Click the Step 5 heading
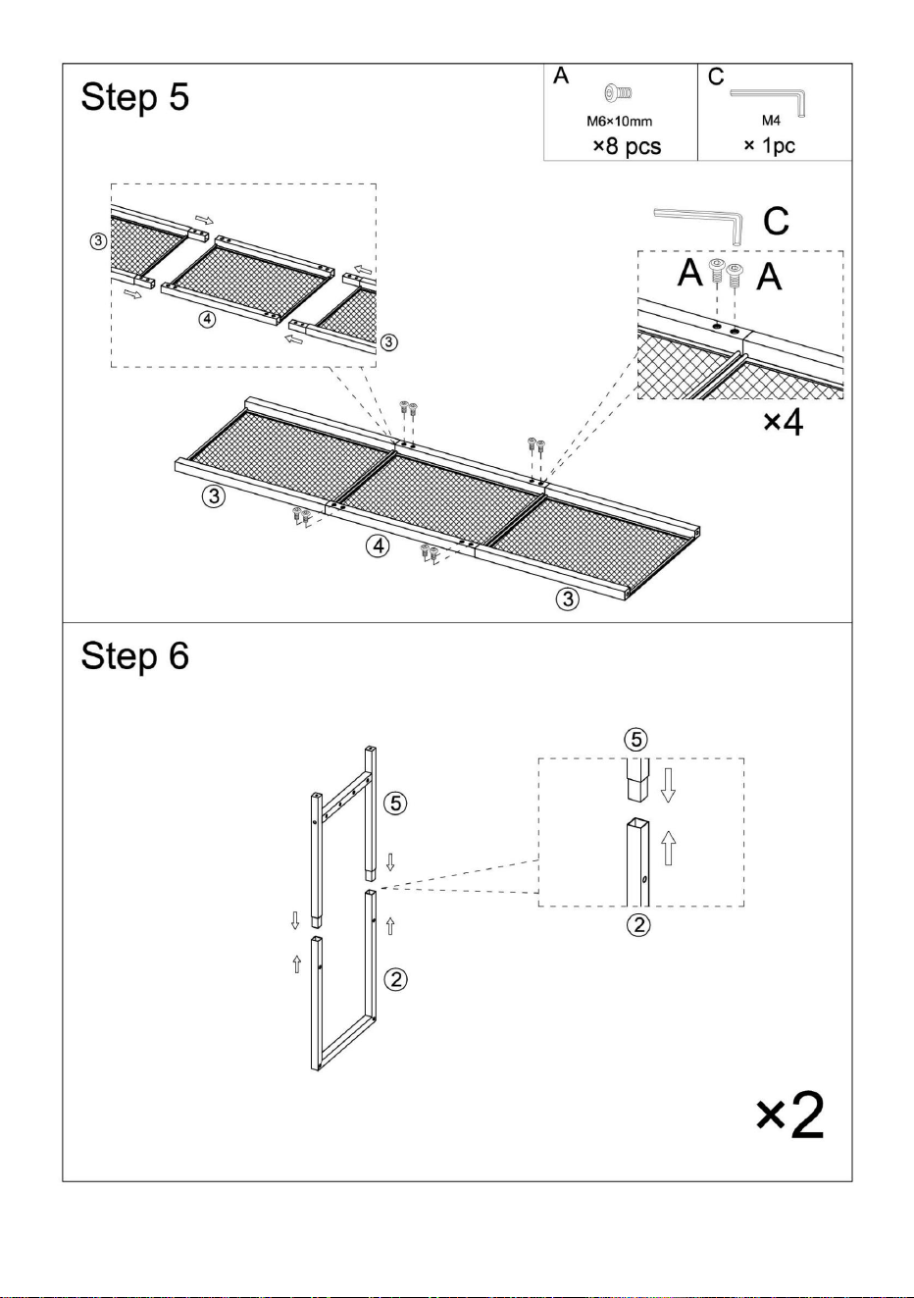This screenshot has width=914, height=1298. point(135,97)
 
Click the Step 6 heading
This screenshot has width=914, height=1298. point(135,656)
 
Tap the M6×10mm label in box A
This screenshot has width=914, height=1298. point(619,121)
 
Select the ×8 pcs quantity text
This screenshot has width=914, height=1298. point(627,145)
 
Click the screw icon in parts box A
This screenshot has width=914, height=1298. point(619,92)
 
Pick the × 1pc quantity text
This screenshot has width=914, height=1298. point(769,145)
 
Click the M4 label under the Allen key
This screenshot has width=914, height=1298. point(771,121)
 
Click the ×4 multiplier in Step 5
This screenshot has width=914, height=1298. point(784,423)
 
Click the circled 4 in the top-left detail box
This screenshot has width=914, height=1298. point(207,319)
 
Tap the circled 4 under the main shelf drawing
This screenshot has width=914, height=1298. point(378,545)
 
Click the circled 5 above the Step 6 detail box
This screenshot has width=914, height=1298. point(636,740)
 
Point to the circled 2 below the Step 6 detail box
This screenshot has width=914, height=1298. point(638,925)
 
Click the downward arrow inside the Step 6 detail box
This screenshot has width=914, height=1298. point(668,785)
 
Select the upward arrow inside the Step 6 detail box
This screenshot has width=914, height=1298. point(669,848)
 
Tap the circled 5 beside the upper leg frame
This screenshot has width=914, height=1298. point(395,804)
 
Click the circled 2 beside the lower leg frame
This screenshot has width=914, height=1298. point(396,979)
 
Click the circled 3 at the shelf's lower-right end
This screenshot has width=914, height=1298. point(568,598)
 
